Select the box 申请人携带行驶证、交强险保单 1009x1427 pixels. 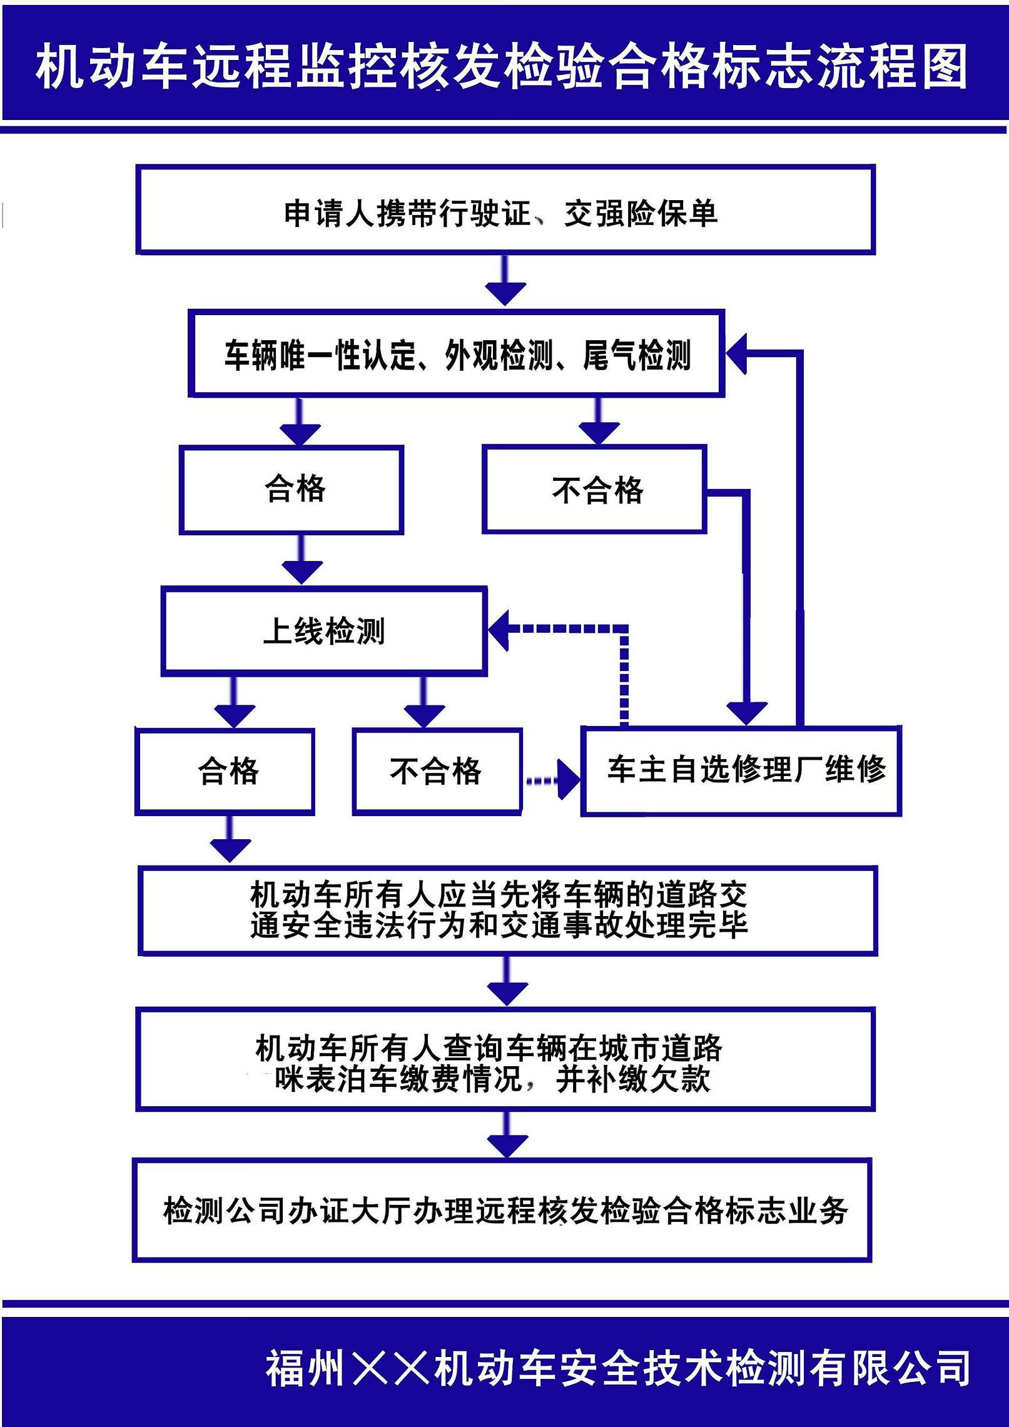pyautogui.click(x=505, y=210)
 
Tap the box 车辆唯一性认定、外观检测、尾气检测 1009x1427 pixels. pyautogui.click(x=457, y=354)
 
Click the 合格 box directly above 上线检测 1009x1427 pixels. pyautogui.click(x=292, y=490)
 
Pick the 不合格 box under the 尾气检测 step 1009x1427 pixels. pyautogui.click(x=594, y=490)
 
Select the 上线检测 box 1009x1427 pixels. pyautogui.click(x=324, y=631)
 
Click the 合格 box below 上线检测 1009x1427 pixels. pyautogui.click(x=225, y=772)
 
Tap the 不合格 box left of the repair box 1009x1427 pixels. pyautogui.click(x=437, y=772)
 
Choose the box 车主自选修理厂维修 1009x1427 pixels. pyautogui.click(x=741, y=770)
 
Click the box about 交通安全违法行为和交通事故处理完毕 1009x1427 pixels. pyautogui.click(x=507, y=910)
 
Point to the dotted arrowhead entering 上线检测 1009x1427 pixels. pyautogui.click(x=500, y=628)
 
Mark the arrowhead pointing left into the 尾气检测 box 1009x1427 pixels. pyautogui.click(x=737, y=354)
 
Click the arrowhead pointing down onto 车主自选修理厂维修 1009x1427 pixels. pyautogui.click(x=747, y=712)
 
